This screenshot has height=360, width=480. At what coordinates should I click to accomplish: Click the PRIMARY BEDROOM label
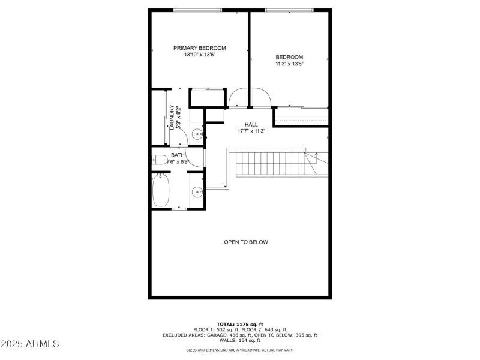coord(200,48)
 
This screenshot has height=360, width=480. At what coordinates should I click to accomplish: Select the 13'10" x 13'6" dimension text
coord(200,55)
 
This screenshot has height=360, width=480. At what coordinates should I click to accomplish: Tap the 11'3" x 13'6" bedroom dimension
coord(289,64)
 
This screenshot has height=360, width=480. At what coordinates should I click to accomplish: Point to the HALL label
coord(243,124)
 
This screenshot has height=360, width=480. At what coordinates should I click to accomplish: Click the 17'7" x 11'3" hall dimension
coord(243,131)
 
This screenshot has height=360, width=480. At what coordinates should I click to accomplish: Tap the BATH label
coord(178,155)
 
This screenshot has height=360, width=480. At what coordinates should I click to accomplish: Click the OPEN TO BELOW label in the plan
coord(246,242)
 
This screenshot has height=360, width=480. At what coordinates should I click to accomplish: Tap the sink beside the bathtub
coord(196,192)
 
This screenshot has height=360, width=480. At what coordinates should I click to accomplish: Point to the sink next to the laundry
coord(197,134)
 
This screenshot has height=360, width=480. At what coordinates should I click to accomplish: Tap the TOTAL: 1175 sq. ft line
coord(239,324)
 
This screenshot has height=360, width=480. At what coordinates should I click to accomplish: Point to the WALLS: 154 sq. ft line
coord(239,340)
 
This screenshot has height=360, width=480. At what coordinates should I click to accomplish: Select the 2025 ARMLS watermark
coord(30,344)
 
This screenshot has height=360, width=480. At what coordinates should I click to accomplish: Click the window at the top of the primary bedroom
coord(197,10)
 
